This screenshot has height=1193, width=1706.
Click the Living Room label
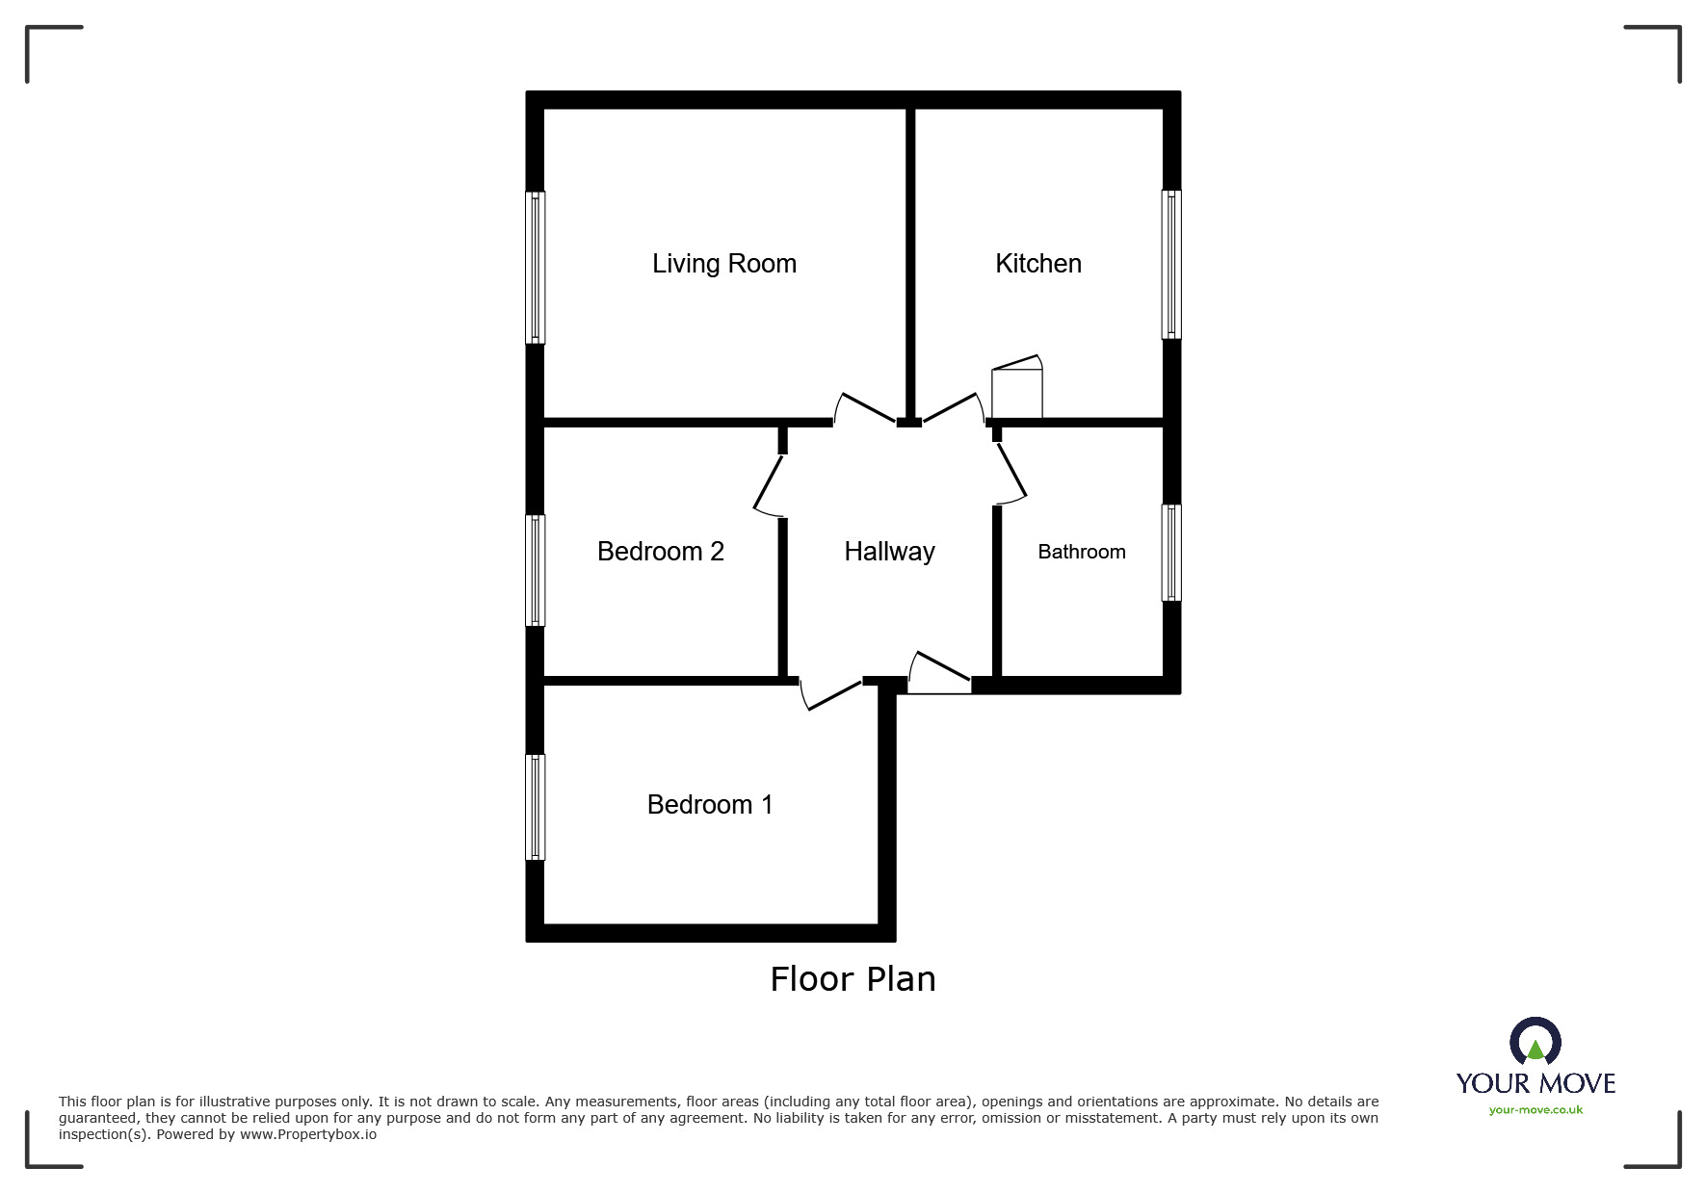pyautogui.click(x=724, y=264)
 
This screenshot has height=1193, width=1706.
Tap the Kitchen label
pyautogui.click(x=1038, y=264)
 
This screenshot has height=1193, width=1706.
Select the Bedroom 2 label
pyautogui.click(x=660, y=552)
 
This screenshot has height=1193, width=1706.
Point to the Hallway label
pyautogui.click(x=889, y=552)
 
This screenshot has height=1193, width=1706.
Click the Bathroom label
pyautogui.click(x=1081, y=552)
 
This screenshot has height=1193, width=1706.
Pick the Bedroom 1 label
pyautogui.click(x=710, y=805)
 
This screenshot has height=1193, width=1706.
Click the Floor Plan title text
pyautogui.click(x=853, y=979)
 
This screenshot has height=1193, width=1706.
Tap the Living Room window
pyautogui.click(x=535, y=267)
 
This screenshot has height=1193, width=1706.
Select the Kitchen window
pyautogui.click(x=1171, y=264)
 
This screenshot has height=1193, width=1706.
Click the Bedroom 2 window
pyautogui.click(x=535, y=570)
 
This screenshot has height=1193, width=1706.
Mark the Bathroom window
pyautogui.click(x=1171, y=553)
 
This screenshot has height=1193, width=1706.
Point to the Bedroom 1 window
pyautogui.click(x=535, y=806)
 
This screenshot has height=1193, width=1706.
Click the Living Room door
pyautogui.click(x=865, y=408)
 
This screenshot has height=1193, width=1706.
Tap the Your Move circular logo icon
pyautogui.click(x=1535, y=1043)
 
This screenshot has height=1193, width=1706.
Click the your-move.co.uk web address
pyautogui.click(x=1535, y=1110)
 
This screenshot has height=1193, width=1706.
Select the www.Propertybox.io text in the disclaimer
pyautogui.click(x=307, y=1134)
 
